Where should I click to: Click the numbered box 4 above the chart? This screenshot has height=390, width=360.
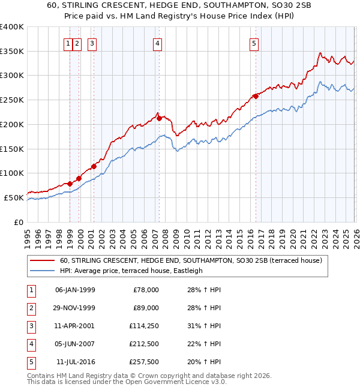click(x=157, y=43)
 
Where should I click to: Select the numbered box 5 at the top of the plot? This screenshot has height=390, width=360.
click(x=254, y=43)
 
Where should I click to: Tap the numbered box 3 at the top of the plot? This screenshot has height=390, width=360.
click(x=92, y=43)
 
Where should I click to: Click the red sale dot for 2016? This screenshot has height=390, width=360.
click(x=256, y=96)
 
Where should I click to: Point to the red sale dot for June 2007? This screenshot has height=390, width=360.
click(x=159, y=118)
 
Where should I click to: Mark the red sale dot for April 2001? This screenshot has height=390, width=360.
click(x=94, y=166)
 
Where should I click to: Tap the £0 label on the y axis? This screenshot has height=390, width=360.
click(x=18, y=222)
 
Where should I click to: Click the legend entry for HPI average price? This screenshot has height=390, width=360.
click(x=131, y=271)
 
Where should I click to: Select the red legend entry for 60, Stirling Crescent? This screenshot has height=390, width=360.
click(x=191, y=260)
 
